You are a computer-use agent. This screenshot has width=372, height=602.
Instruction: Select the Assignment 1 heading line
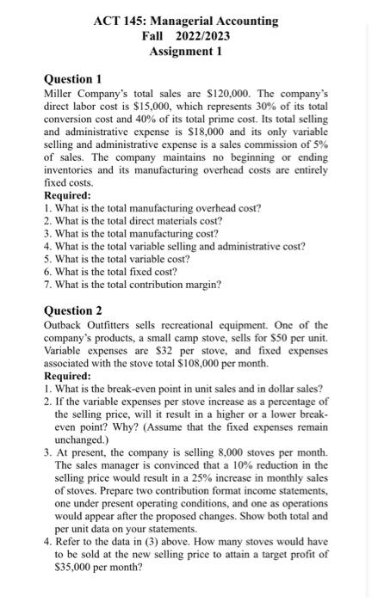click(186, 51)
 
